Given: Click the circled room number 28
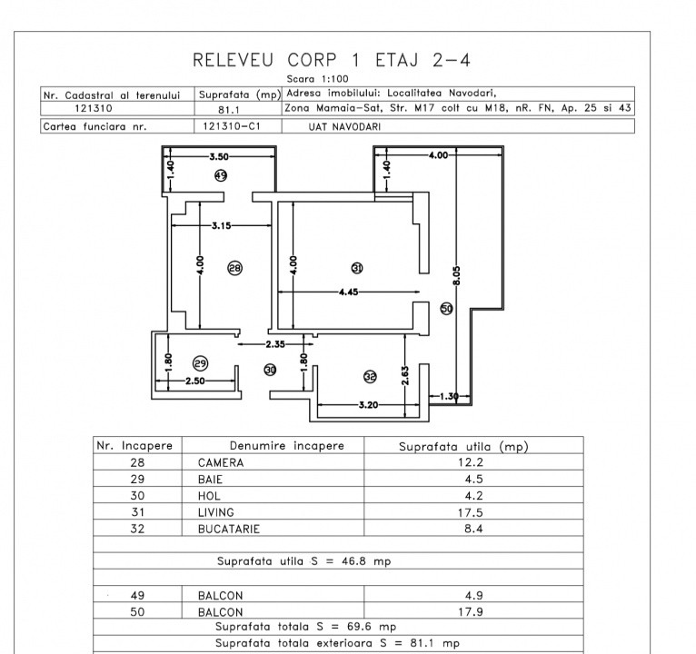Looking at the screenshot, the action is click(234, 268).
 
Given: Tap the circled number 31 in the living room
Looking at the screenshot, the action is click(357, 268).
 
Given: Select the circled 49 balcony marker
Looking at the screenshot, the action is click(221, 175).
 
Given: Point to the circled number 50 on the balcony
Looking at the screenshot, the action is click(446, 309).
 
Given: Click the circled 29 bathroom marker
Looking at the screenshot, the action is click(201, 364).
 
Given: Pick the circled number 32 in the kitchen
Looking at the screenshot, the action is click(370, 377).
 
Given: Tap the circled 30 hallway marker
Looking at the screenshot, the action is click(270, 370).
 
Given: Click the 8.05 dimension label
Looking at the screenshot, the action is click(457, 276).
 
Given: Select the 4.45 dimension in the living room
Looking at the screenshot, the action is click(348, 292).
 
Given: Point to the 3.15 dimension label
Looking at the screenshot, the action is click(221, 225).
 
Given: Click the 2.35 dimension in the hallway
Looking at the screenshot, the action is click(275, 344).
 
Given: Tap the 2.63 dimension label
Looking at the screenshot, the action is click(405, 375).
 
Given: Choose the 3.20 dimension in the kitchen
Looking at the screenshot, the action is click(368, 404).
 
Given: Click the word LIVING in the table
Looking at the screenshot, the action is click(215, 512).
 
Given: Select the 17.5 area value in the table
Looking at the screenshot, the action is click(471, 512).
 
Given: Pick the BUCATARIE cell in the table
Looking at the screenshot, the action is click(229, 529).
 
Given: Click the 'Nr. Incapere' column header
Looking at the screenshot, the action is click(134, 445).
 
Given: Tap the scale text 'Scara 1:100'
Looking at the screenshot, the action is click(317, 79).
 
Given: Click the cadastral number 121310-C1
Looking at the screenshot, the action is click(232, 126).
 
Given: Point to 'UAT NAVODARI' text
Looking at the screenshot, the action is click(344, 127).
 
